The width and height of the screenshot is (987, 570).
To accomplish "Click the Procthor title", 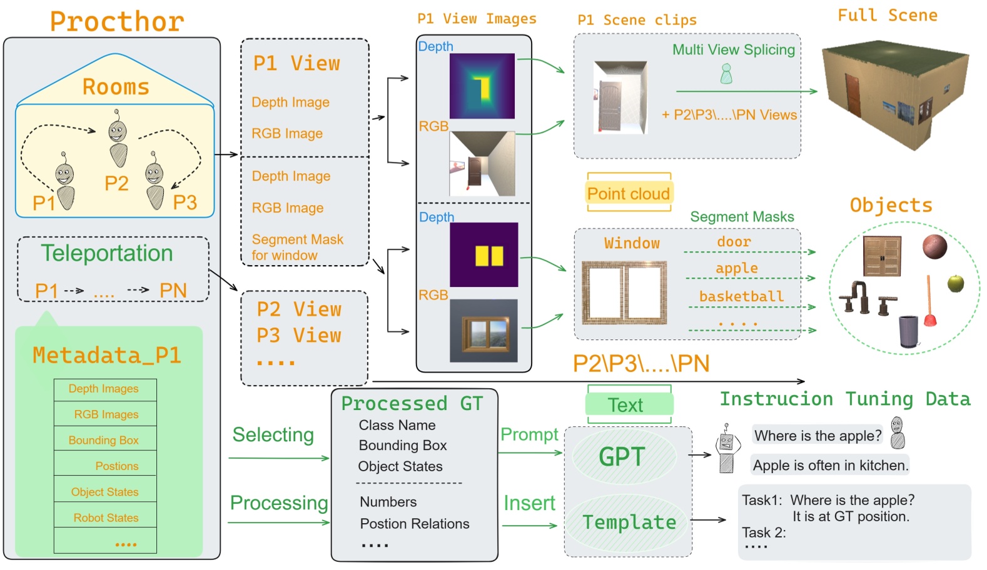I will (117, 21).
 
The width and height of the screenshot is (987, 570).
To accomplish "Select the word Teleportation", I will (107, 253).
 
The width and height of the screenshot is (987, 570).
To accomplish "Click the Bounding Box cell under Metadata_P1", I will (104, 440).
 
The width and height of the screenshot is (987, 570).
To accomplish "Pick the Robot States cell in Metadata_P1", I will (106, 517).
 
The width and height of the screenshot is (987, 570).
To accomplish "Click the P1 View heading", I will (296, 63).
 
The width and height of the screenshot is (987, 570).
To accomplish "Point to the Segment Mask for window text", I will (297, 247).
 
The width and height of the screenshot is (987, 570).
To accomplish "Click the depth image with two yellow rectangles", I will (483, 254).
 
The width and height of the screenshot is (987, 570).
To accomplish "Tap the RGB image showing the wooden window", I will (483, 331).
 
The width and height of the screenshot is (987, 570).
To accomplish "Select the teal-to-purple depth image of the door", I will (482, 86).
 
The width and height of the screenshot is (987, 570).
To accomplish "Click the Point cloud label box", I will (629, 194).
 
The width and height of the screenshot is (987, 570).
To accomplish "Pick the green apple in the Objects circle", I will (955, 283).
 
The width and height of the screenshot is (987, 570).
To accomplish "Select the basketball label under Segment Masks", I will (741, 296).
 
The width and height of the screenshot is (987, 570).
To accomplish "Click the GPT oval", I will (623, 457).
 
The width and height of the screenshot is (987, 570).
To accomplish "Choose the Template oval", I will (629, 522).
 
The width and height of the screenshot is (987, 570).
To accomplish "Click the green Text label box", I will (629, 405).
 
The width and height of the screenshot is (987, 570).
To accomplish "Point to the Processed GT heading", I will (412, 403).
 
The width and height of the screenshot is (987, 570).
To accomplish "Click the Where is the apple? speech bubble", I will (817, 436).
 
